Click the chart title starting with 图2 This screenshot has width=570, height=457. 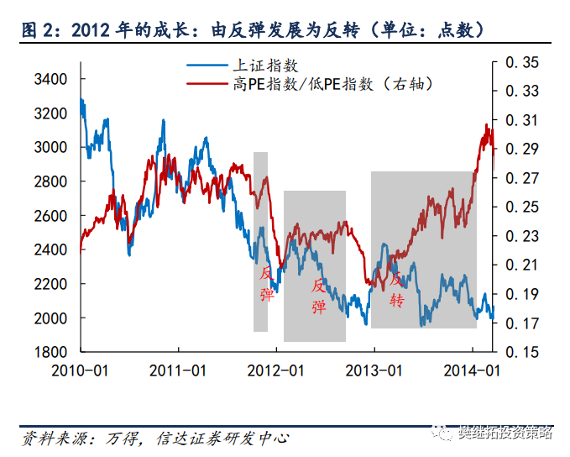[x=252, y=31]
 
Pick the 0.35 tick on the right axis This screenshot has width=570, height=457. [x=522, y=62]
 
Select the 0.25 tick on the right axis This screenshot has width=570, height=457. [x=522, y=207]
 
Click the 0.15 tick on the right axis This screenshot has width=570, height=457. [x=522, y=352]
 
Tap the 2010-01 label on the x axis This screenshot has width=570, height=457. [x=81, y=370]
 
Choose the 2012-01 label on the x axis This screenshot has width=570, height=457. [x=276, y=370]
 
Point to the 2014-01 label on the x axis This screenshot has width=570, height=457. [x=472, y=370]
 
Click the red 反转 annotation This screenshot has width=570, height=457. [x=397, y=287]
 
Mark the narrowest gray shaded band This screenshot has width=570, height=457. [x=260, y=242]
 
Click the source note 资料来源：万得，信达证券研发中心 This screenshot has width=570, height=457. [x=155, y=438]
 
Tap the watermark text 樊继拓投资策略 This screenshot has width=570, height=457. [x=504, y=433]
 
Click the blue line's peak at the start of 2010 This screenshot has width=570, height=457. [x=81, y=100]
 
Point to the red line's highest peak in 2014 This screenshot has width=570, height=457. [x=487, y=125]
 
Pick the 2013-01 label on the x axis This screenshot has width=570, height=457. [x=374, y=370]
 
